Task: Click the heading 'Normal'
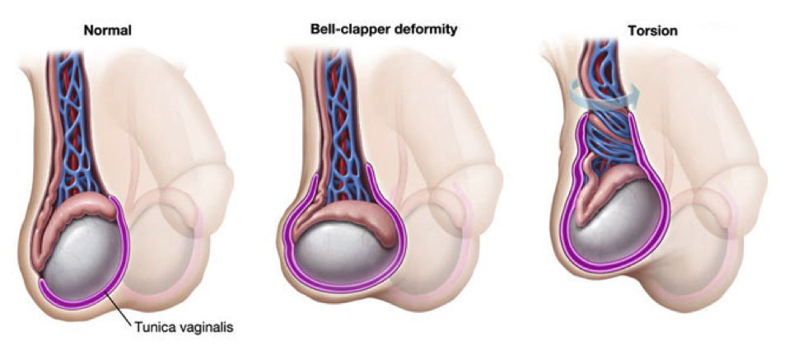click(108, 30)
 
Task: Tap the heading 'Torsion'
click(653, 31)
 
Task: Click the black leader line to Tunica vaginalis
click(120, 306)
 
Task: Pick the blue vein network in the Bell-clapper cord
click(344, 128)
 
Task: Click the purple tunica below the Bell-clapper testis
click(343, 288)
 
